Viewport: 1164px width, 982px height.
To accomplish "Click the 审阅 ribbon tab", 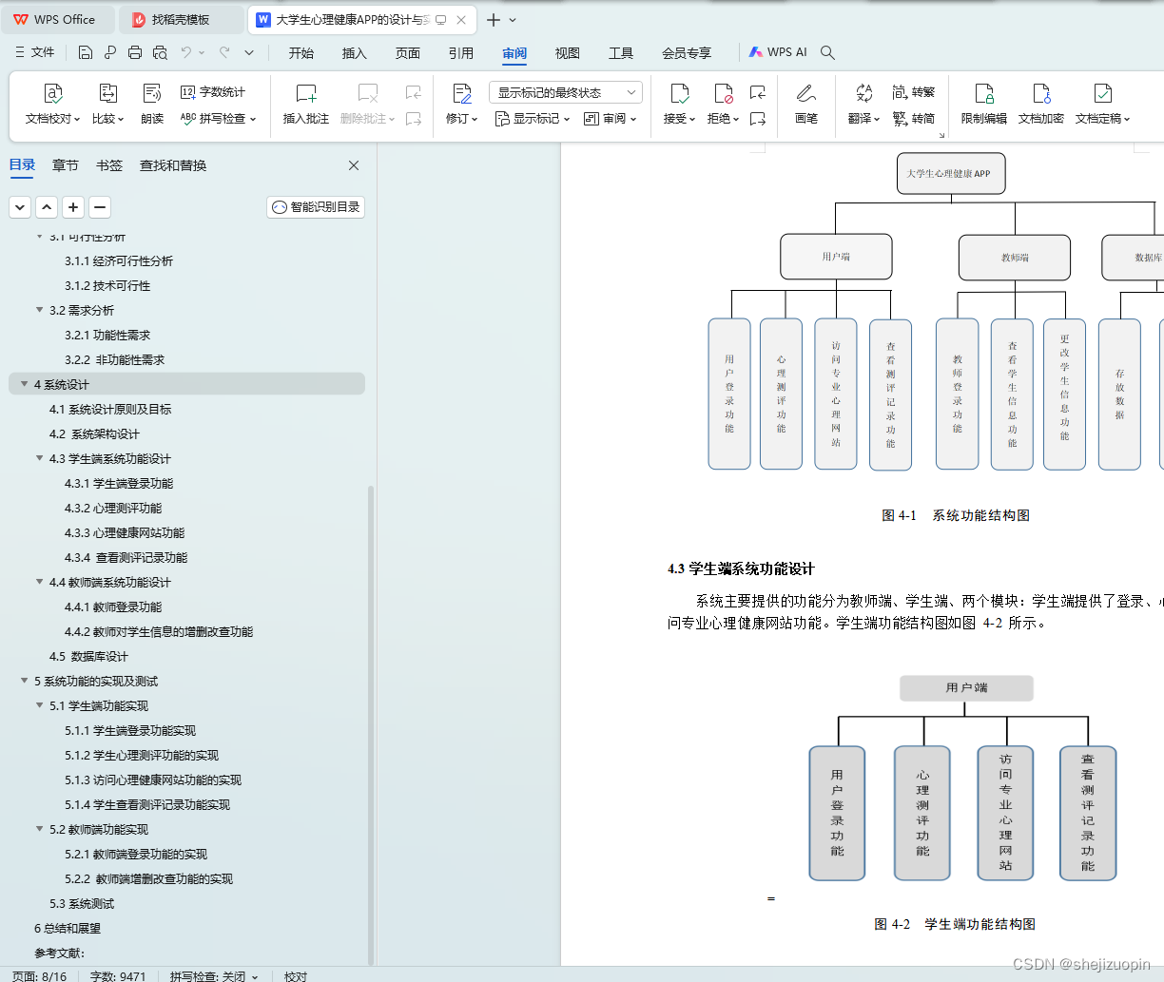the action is pos(514,53).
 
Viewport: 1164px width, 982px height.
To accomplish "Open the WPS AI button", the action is pos(778,52).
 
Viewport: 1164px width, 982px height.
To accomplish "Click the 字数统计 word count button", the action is pos(213,92).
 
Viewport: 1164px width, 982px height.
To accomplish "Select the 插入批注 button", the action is pos(305,103).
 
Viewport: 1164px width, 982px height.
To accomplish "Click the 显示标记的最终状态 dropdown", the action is pos(566,92).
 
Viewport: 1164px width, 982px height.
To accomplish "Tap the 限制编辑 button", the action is pos(983,103).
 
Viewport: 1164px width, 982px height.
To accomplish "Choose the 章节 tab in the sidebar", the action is pos(66,165).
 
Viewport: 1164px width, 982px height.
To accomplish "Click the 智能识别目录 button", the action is pos(316,207).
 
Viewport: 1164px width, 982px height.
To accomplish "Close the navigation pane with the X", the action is pos(354,165).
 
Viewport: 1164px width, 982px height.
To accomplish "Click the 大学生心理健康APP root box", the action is pos(950,174).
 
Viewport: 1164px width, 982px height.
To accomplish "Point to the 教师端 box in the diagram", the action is pos(1014,258).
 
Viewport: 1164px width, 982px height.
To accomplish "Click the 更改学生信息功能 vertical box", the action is pos(1064,395).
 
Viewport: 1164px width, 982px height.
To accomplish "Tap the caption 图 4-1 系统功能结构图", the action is pos(956,515).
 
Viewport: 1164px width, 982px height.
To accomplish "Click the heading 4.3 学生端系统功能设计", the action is pos(741,568).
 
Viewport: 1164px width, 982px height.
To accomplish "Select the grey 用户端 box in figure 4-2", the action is pos(966,688).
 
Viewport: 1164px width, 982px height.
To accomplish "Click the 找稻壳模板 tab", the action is pos(181,19).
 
